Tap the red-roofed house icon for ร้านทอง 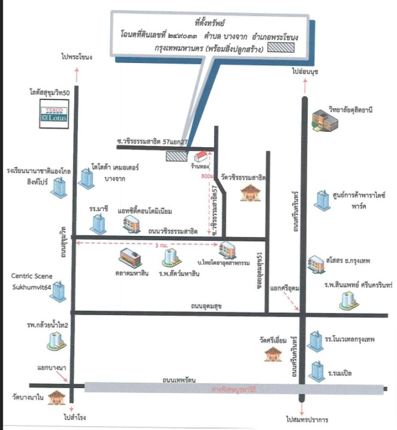pyautogui.click(x=200, y=156)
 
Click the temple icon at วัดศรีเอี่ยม pyautogui.click(x=271, y=353)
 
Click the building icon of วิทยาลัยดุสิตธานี pyautogui.click(x=326, y=119)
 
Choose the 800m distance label pyautogui.click(x=207, y=176)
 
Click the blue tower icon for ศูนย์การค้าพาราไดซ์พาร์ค pyautogui.click(x=322, y=200)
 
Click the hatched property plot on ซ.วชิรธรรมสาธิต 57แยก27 pyautogui.click(x=177, y=156)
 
